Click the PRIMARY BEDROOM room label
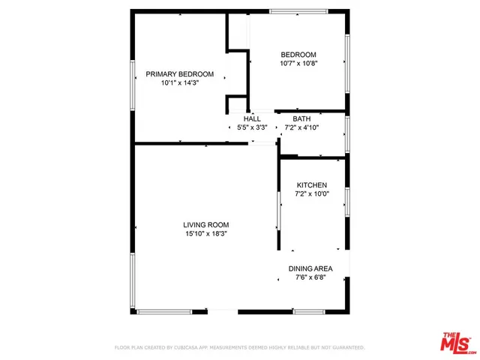pos(179,74)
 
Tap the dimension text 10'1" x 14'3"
pos(179,84)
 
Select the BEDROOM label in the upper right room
pos(298,55)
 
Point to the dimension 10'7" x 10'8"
pos(298,64)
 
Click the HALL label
pos(252,118)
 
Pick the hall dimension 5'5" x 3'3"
pos(252,127)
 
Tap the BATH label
pos(301,118)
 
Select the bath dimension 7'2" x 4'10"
pos(301,127)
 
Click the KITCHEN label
pos(311,184)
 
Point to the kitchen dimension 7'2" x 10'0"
pos(311,194)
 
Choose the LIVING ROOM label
pos(206,224)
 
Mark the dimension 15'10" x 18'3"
pos(206,234)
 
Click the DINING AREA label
pos(310,268)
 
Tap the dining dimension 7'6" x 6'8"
pos(310,277)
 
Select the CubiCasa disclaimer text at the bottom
pos(239,348)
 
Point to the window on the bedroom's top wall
pos(298,10)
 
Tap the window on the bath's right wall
pos(346,135)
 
